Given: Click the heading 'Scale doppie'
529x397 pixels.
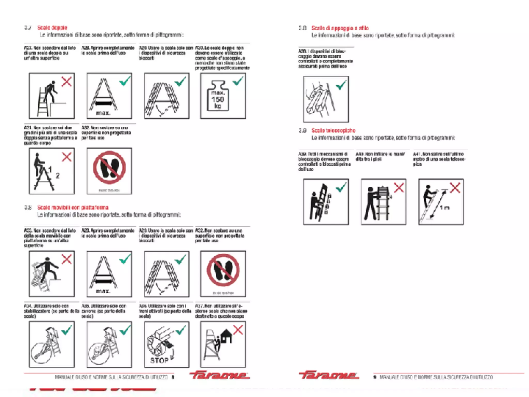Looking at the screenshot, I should pyautogui.click(x=52, y=28).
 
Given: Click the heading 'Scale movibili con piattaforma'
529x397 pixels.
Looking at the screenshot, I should pyautogui.click(x=73, y=207).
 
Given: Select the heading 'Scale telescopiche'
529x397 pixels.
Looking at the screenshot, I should pyautogui.click(x=333, y=131).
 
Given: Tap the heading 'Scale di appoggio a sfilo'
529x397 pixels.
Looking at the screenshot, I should pyautogui.click(x=340, y=28).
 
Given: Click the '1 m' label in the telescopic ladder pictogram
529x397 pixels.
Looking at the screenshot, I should pyautogui.click(x=445, y=208).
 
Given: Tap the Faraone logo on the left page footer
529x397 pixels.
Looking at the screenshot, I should pyautogui.click(x=219, y=375).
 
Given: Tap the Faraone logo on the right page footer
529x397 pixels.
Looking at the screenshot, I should pyautogui.click(x=329, y=375).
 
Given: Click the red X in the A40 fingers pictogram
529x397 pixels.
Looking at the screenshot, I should pyautogui.click(x=399, y=188).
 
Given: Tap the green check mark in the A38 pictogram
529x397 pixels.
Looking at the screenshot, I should pyautogui.click(x=341, y=85).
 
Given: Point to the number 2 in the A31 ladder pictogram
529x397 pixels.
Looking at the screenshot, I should pyautogui.click(x=58, y=176).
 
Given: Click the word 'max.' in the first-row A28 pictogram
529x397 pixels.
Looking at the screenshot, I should pyautogui.click(x=103, y=113).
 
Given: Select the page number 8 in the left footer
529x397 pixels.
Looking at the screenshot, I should pyautogui.click(x=173, y=377).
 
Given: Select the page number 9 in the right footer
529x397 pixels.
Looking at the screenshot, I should pyautogui.click(x=375, y=377).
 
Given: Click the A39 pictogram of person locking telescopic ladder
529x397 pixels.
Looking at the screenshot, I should pyautogui.click(x=326, y=202).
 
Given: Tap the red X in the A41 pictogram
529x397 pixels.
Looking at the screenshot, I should pyautogui.click(x=455, y=188).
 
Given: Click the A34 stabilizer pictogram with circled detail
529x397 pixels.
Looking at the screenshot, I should pyautogui.click(x=52, y=344).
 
